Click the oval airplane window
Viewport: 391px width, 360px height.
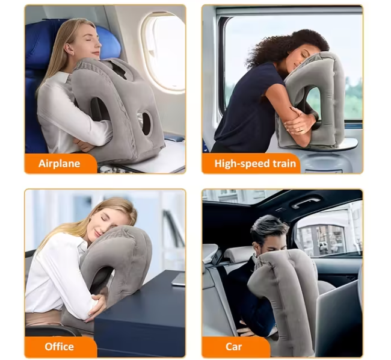(164, 51)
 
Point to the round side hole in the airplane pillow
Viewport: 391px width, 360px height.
(146, 123)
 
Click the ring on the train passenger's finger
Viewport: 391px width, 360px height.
(300, 129)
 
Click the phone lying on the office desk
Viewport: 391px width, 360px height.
(179, 279)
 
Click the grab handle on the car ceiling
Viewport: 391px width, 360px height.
(306, 201)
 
